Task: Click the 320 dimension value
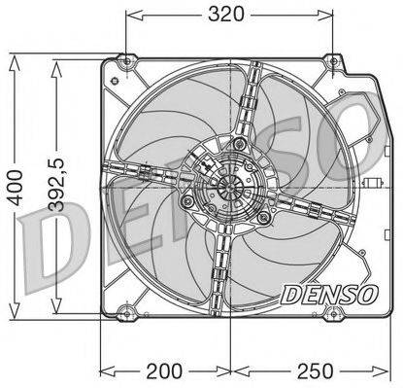(x=225, y=15)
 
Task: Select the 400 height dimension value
(x=16, y=188)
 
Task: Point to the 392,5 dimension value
(x=57, y=185)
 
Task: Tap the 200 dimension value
(x=164, y=371)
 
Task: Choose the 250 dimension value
(x=315, y=371)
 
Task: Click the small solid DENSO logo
(x=329, y=295)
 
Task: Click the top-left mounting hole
(x=127, y=61)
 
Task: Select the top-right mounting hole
(x=333, y=61)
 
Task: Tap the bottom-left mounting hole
(x=127, y=314)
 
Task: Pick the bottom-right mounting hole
(x=333, y=314)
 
